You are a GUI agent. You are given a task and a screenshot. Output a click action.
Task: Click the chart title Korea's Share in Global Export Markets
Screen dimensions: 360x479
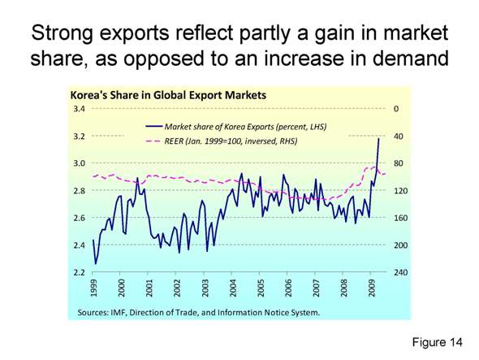pos(169,96)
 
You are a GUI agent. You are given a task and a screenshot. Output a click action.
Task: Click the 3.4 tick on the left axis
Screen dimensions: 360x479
pos(80,109)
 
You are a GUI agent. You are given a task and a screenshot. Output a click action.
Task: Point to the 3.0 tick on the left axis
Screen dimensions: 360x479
pos(80,163)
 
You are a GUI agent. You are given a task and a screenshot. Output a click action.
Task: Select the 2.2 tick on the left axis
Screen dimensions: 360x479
pos(80,272)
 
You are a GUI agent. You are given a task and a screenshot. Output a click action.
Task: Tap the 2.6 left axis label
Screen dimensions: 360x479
pos(80,218)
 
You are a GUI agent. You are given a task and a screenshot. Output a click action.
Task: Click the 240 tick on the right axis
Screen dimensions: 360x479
pos(400,272)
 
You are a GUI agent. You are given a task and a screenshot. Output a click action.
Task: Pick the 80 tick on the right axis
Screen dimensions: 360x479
pos(398,163)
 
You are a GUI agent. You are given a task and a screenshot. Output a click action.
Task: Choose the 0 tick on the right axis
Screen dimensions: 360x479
pos(395,109)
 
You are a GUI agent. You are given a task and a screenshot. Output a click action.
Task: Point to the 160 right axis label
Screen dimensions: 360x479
pos(400,218)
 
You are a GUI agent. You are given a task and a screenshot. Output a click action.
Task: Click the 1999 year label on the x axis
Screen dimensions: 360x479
pos(94,289)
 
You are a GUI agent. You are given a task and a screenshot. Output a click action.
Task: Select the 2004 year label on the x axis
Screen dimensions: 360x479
pos(233,289)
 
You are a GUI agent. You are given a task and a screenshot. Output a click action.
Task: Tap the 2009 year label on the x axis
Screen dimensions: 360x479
pos(372,289)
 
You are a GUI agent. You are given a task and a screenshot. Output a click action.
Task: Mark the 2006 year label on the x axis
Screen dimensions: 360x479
pos(288,289)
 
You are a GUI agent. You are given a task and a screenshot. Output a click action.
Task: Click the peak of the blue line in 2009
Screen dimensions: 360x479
pos(378,139)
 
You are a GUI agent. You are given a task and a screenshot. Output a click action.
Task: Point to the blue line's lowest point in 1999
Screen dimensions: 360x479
pos(96,262)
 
